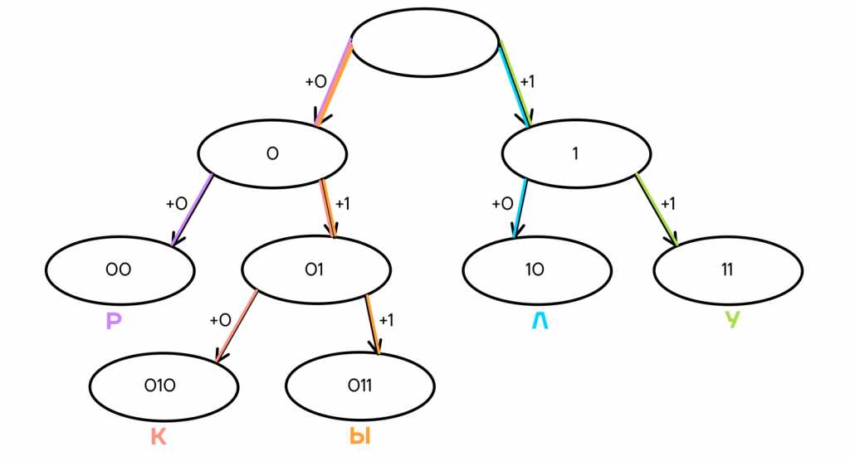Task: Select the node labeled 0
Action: [x=272, y=153]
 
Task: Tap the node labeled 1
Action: [x=576, y=153]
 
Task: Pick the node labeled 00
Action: [x=120, y=270]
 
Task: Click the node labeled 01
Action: [x=315, y=270]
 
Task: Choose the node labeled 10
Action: [x=537, y=270]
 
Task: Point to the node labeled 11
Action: [x=728, y=270]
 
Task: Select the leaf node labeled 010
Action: [x=164, y=386]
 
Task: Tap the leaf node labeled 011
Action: [x=359, y=386]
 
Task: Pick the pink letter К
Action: [x=159, y=436]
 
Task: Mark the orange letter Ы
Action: [x=359, y=436]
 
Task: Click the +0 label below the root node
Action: [x=315, y=82]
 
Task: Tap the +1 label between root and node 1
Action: [x=527, y=82]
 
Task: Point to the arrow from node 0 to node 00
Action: [x=193, y=210]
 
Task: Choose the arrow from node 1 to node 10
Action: [x=520, y=207]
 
